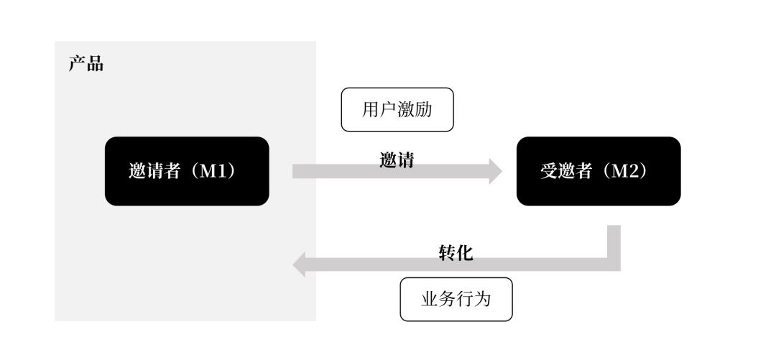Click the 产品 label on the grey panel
click(86, 64)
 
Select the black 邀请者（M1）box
click(187, 171)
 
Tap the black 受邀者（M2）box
click(598, 171)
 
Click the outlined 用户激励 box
click(397, 110)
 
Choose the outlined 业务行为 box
click(456, 299)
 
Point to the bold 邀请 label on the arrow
click(397, 160)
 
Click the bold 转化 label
click(456, 251)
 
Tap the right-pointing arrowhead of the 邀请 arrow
click(496, 171)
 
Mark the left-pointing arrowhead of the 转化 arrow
click(300, 264)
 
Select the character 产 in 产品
click(77, 64)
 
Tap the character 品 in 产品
click(95, 64)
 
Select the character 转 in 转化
click(447, 251)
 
